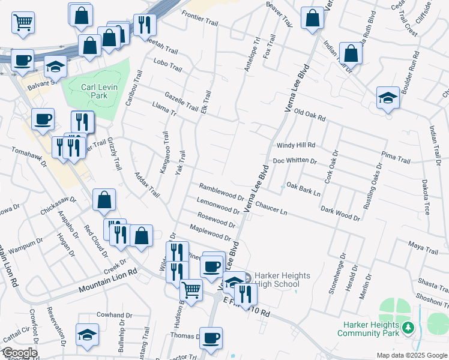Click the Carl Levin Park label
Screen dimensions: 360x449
pyautogui.click(x=94, y=91)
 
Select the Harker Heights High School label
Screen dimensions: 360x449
pyautogui.click(x=282, y=280)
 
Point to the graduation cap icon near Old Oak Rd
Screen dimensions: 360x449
pyautogui.click(x=388, y=98)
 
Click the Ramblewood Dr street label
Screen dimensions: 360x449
pyautogui.click(x=221, y=191)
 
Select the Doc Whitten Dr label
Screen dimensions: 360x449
pyautogui.click(x=294, y=161)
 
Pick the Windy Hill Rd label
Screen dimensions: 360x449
pyautogui.click(x=295, y=145)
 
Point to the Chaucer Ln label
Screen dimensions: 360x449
pyautogui.click(x=271, y=208)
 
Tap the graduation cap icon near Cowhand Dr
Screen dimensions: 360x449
pyautogui.click(x=87, y=335)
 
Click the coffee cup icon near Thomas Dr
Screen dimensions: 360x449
pyautogui.click(x=210, y=337)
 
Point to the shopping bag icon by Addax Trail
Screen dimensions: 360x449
pyautogui.click(x=104, y=200)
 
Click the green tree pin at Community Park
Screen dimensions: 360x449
pyautogui.click(x=408, y=328)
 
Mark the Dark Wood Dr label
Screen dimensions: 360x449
pyautogui.click(x=340, y=211)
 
